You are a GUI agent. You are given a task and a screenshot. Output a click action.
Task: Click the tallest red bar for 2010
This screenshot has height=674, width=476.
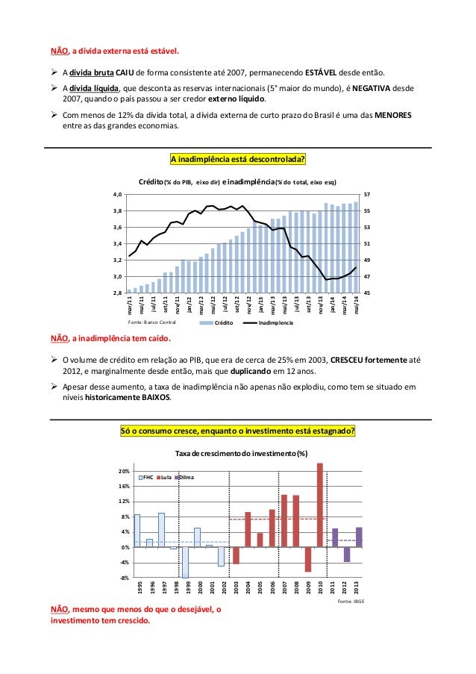pyautogui.click(x=320, y=505)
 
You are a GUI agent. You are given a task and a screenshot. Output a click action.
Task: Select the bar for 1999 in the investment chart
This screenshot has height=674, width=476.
pyautogui.click(x=185, y=562)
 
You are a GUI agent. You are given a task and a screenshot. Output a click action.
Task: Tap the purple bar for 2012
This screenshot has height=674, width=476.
pyautogui.click(x=347, y=555)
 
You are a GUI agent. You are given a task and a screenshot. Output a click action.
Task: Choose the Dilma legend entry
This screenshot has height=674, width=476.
pyautogui.click(x=189, y=476)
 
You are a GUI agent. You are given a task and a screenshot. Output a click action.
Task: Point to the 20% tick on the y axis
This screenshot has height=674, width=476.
pyautogui.click(x=123, y=472)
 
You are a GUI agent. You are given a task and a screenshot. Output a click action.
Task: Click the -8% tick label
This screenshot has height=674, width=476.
pyautogui.click(x=123, y=578)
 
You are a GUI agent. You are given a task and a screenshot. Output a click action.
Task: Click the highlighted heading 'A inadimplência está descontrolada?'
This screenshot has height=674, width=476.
pyautogui.click(x=239, y=159)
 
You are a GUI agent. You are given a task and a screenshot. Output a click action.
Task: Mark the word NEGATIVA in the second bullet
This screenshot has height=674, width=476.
pyautogui.click(x=369, y=87)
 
